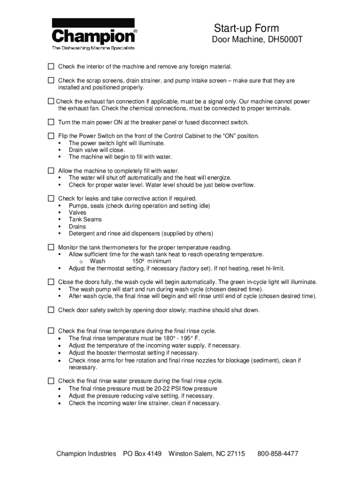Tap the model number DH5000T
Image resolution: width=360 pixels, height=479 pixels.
tap(285, 40)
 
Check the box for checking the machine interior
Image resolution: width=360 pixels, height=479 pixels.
tap(51, 66)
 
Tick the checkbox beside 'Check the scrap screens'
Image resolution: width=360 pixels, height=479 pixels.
tap(51, 80)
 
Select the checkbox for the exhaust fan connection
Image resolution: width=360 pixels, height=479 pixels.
tap(51, 101)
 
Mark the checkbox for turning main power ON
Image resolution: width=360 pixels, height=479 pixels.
tap(51, 122)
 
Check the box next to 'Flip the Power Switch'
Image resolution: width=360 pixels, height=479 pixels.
tap(51, 136)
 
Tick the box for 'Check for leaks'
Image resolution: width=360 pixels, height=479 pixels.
tap(51, 198)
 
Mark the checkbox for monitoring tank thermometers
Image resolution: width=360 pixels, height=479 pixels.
tap(51, 247)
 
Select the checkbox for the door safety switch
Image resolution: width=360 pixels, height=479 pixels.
tap(51, 310)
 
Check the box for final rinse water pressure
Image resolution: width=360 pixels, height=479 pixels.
tap(51, 380)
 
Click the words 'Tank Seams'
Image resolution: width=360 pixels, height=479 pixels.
tap(85, 219)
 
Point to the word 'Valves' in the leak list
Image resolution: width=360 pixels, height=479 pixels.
tap(78, 212)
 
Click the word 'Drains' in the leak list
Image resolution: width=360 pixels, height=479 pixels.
tap(77, 226)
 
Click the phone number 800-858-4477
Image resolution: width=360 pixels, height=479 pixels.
tap(278, 454)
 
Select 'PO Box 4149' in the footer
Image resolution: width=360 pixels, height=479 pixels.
tap(142, 454)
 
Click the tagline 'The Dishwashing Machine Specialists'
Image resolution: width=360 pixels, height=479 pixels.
tap(93, 48)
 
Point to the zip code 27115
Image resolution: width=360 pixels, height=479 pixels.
tap(235, 454)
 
